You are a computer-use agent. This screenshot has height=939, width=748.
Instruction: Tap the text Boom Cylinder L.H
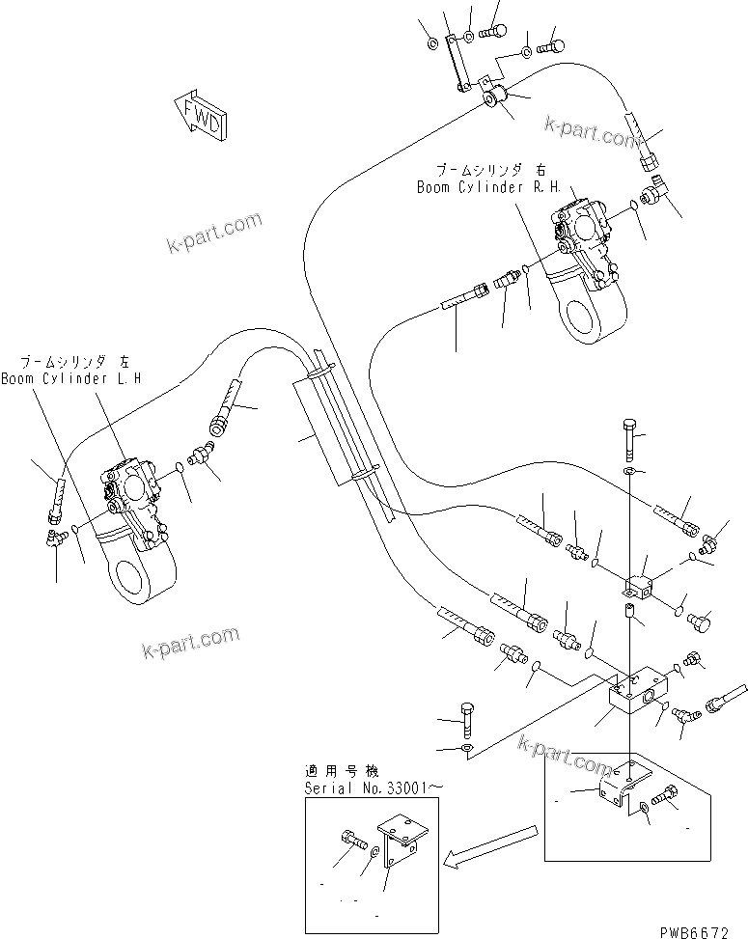70,379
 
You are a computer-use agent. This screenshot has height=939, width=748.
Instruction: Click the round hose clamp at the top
498,97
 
